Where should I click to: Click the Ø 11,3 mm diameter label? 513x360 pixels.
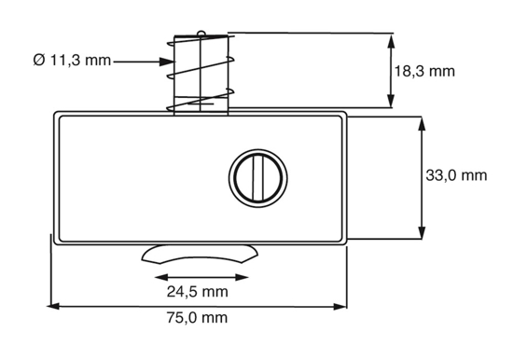point(72,61)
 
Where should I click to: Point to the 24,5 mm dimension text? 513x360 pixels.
point(196,292)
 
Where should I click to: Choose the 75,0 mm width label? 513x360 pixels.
point(196,318)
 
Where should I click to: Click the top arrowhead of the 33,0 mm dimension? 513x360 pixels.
point(424,122)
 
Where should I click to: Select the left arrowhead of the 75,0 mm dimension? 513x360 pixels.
point(54,305)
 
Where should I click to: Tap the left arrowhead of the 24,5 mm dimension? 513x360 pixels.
point(159,277)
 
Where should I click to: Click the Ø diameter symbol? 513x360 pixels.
point(37,61)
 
